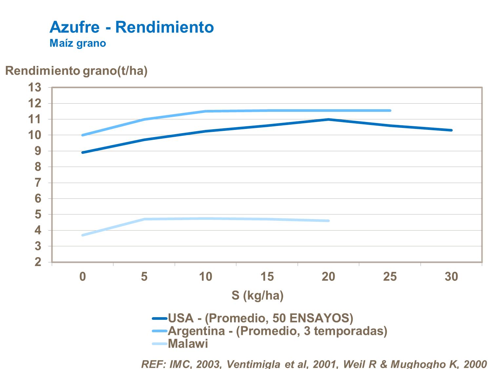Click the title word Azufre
click(x=74, y=27)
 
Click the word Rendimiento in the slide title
click(x=165, y=27)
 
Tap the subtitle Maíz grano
click(x=78, y=43)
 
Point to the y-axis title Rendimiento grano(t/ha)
click(x=76, y=71)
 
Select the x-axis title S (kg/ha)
click(x=257, y=296)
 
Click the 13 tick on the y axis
click(x=35, y=88)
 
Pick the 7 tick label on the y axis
click(x=38, y=183)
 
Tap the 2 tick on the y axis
click(x=38, y=262)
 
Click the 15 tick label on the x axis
click(x=267, y=277)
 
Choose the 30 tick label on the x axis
click(x=451, y=277)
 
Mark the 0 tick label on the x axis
click(x=83, y=277)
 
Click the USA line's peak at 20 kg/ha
click(x=328, y=119)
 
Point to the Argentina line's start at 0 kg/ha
click(x=83, y=135)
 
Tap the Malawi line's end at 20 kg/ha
click(x=328, y=221)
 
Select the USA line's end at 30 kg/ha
click(x=451, y=130)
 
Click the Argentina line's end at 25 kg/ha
click(x=390, y=111)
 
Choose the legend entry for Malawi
click(x=188, y=343)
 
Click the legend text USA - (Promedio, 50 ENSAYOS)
click(x=261, y=318)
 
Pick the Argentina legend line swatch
click(x=160, y=331)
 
